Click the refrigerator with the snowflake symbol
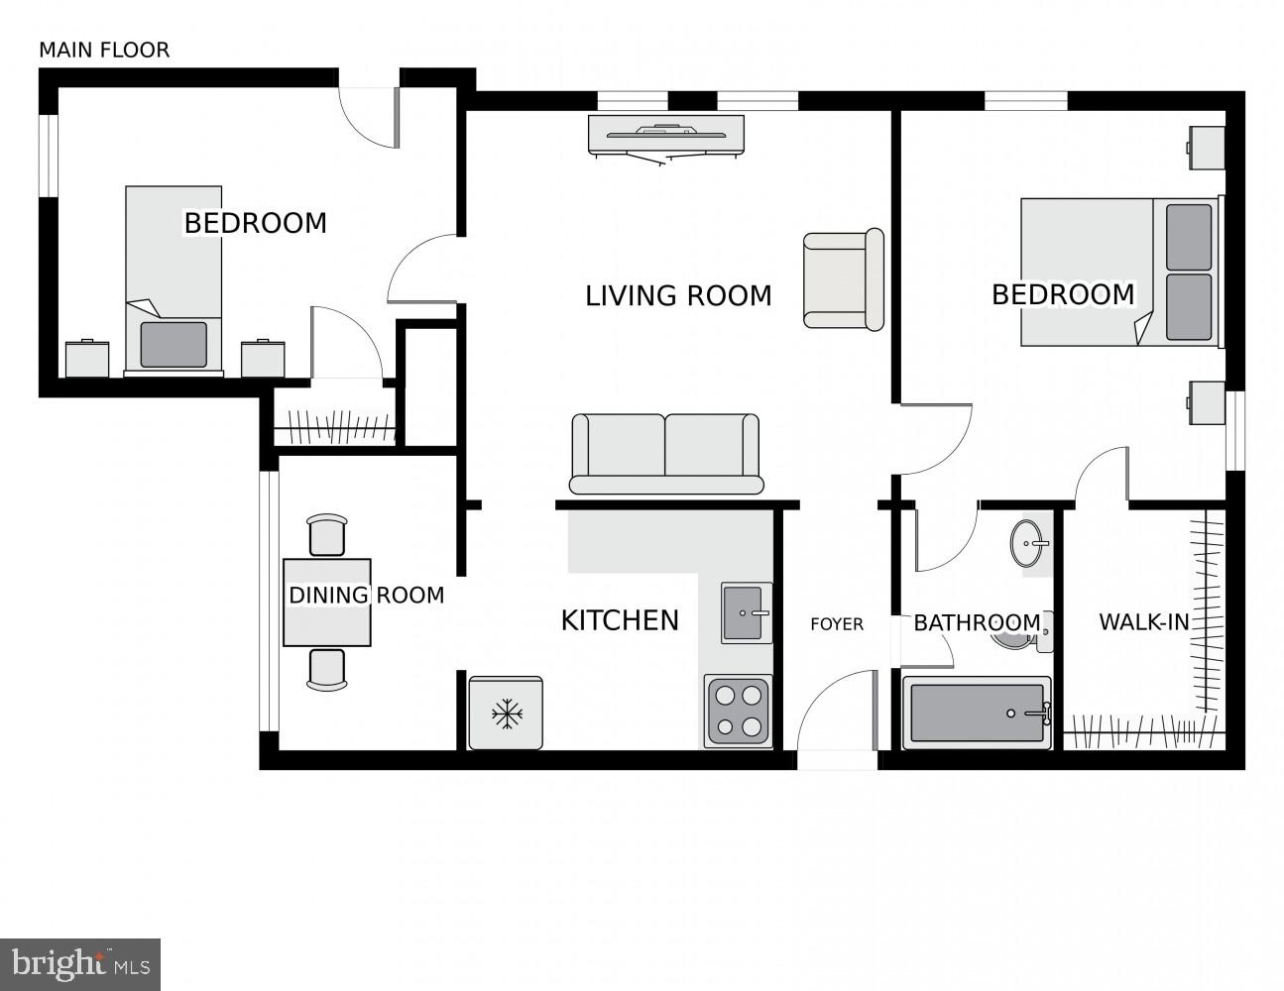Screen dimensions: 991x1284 506,713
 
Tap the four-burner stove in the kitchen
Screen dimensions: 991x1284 739,711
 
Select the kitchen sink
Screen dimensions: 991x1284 747,612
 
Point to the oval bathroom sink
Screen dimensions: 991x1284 1031,543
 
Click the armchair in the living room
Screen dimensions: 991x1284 843,279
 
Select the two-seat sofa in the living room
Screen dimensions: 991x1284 665,454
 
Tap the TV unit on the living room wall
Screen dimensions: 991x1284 665,136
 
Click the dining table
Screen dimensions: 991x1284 327,602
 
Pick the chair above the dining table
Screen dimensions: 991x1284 327,535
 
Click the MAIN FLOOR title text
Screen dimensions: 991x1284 104,50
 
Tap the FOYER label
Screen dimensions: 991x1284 837,624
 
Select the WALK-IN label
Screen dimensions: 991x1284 1143,622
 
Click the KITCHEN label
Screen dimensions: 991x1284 620,620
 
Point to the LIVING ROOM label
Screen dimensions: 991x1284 678,295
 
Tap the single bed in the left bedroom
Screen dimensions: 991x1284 174,279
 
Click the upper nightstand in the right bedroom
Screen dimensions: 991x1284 1206,148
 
